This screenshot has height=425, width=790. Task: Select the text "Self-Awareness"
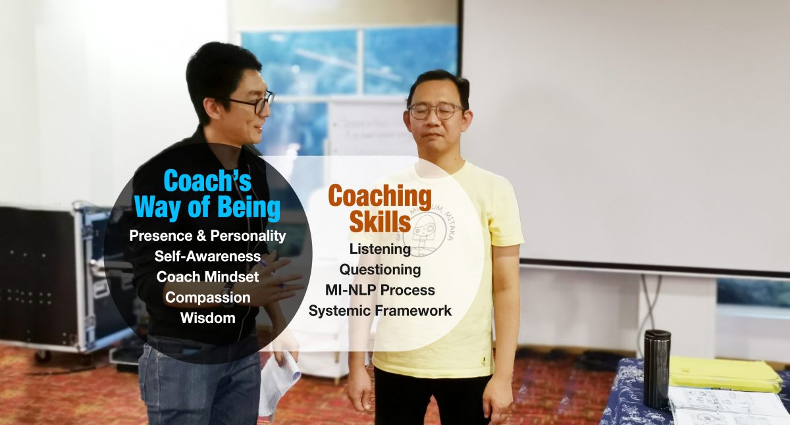coord(207,255)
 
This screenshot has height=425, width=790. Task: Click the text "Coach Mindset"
coord(207,276)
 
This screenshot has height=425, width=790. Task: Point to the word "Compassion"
coord(207,297)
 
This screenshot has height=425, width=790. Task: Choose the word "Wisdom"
coord(207,318)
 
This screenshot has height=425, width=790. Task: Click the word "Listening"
coord(380,249)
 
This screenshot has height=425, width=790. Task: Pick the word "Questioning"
coord(380,269)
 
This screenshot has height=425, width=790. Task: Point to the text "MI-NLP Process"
coord(380,289)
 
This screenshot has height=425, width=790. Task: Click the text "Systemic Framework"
coord(380,311)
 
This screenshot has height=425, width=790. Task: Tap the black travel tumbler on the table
coord(656,368)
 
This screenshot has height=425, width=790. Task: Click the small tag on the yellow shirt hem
coord(484,359)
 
